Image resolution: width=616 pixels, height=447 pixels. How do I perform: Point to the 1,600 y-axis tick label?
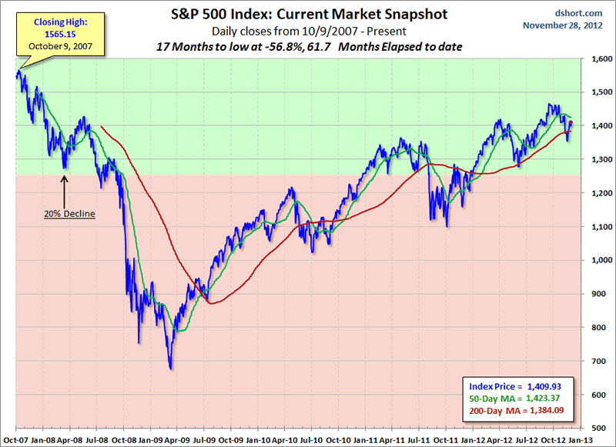pyautogui.click(x=598, y=58)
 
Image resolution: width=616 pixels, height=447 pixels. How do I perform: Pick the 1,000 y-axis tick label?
pyautogui.click(x=598, y=260)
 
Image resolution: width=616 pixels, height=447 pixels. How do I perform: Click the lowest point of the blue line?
pyautogui.click(x=171, y=369)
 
